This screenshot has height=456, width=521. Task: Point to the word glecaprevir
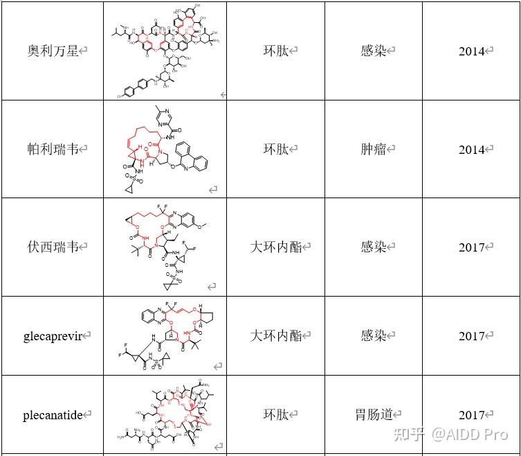(x=53, y=336)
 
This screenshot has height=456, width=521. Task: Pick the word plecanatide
(x=53, y=415)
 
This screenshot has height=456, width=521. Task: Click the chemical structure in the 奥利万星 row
(x=165, y=50)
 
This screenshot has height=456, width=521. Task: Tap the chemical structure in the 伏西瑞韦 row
(x=164, y=247)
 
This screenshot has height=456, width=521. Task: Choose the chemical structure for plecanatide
(x=164, y=414)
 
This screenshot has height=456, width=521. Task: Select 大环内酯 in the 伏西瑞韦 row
(x=275, y=247)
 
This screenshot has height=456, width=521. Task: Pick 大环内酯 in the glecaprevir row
(x=275, y=336)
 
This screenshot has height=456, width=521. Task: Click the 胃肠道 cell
(x=374, y=414)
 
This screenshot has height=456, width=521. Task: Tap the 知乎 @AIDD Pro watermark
(x=450, y=435)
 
